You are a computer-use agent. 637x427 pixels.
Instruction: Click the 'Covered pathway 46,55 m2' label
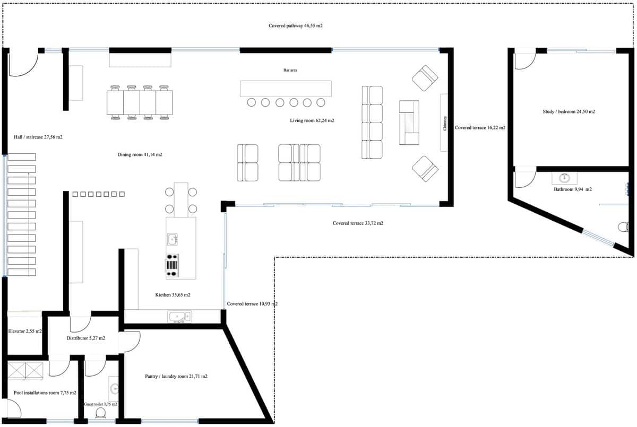click(x=295, y=25)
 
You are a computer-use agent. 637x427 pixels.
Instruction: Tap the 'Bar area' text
click(x=290, y=70)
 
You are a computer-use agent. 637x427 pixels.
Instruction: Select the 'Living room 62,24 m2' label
click(x=312, y=121)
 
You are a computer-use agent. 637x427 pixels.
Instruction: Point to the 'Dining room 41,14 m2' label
click(x=140, y=155)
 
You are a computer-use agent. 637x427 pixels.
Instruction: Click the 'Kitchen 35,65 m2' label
click(x=173, y=295)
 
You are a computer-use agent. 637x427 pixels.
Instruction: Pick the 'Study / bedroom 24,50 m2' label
click(x=569, y=112)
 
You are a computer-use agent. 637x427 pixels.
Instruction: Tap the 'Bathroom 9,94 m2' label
click(x=573, y=189)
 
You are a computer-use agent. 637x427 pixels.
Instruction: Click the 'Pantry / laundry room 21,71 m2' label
click(x=176, y=377)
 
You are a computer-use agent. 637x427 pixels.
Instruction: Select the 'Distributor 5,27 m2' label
click(x=85, y=338)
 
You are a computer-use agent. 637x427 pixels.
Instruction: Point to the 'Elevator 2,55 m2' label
click(x=25, y=331)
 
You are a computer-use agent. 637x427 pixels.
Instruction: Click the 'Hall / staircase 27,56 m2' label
click(x=38, y=137)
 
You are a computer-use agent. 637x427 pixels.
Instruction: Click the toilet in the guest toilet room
click(x=100, y=414)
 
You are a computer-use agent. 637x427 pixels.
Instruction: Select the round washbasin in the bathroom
click(x=564, y=178)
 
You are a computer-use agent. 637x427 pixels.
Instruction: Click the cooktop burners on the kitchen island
click(x=172, y=266)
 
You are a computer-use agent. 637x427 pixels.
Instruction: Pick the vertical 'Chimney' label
click(x=445, y=123)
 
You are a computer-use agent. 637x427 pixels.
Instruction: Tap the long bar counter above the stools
click(x=286, y=89)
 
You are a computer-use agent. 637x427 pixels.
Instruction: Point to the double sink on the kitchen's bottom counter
click(x=179, y=317)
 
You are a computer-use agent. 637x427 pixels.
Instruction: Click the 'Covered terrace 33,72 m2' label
click(x=358, y=223)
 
